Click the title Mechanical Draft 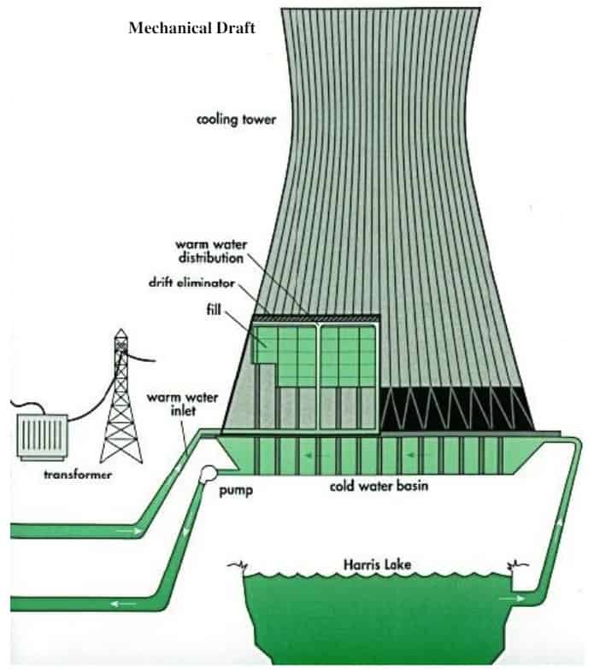(x=191, y=28)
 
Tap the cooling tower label (x=236, y=120)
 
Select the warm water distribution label (x=211, y=251)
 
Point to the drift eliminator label (x=191, y=283)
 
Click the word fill (x=214, y=309)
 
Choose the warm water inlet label (x=183, y=404)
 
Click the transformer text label (x=78, y=474)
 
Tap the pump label (x=236, y=490)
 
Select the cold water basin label (x=379, y=486)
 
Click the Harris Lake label (x=377, y=564)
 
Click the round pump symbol (x=209, y=474)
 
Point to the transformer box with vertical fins (x=42, y=436)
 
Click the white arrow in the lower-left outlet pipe (x=124, y=604)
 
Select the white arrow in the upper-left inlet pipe (x=129, y=532)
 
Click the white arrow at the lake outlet (x=511, y=598)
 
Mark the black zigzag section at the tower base (x=457, y=409)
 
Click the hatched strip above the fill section (x=316, y=318)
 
